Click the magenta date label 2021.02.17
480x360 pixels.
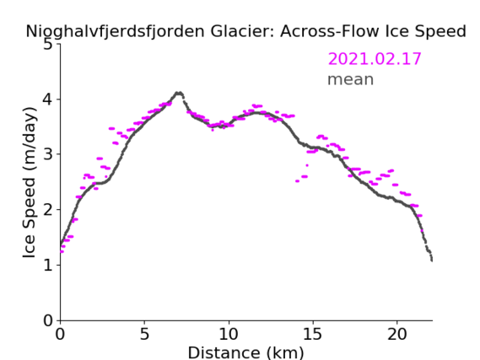(x=375, y=59)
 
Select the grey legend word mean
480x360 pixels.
(x=351, y=79)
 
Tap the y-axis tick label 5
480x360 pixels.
(x=48, y=45)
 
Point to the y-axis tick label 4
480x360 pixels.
(x=48, y=99)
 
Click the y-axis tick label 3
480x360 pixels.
(x=48, y=154)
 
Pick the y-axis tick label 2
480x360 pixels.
(x=48, y=210)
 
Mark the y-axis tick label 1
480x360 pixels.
(x=48, y=265)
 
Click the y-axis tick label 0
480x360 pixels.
(x=48, y=320)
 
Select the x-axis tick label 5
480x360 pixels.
(x=144, y=334)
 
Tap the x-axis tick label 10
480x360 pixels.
(x=229, y=334)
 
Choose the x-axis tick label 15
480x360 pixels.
(x=313, y=334)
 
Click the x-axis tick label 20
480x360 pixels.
(x=396, y=334)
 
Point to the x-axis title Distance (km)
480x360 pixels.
(x=245, y=352)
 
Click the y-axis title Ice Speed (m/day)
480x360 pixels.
(x=30, y=183)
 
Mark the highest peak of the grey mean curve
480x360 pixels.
(x=179, y=93)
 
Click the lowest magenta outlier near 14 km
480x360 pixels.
(x=297, y=181)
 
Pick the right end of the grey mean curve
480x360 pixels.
(x=432, y=261)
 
